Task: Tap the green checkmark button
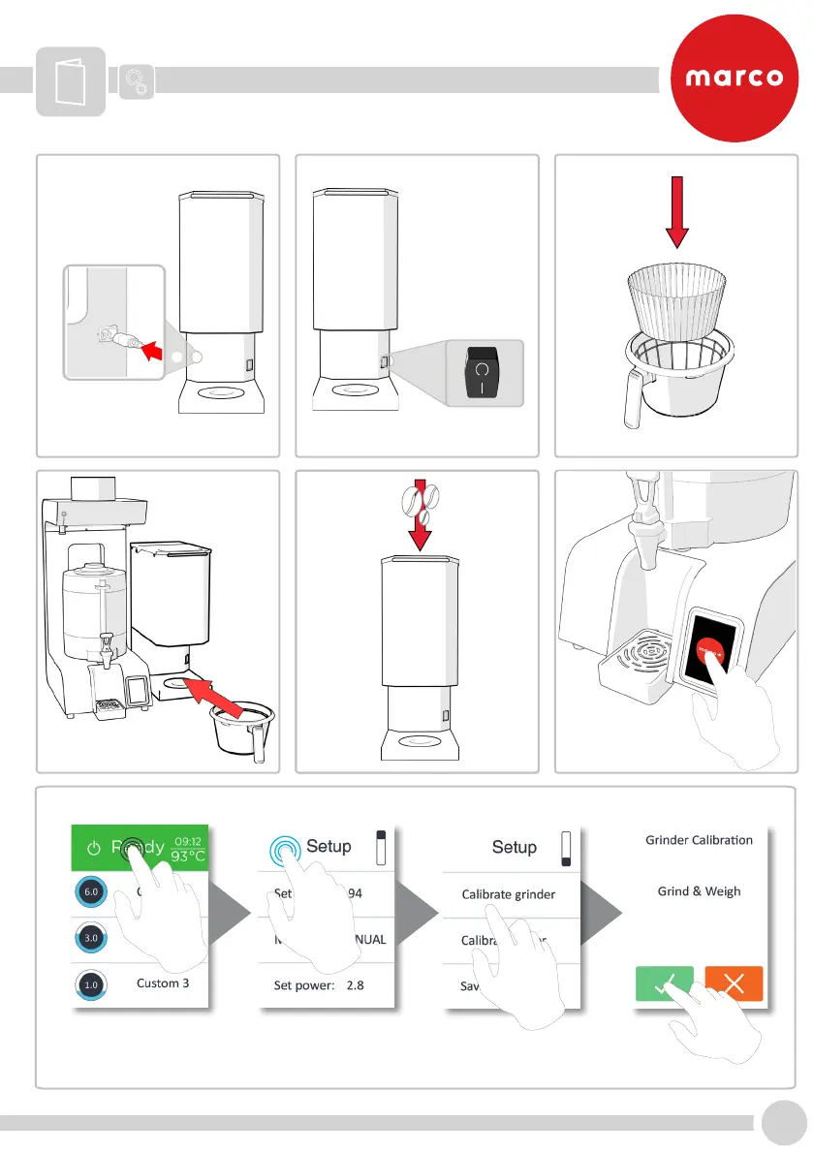tap(665, 983)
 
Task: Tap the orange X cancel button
tap(734, 983)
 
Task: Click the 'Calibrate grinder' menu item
tap(509, 894)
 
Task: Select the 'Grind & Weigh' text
tap(699, 891)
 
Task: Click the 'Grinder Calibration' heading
tap(699, 840)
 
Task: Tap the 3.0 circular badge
tap(90, 939)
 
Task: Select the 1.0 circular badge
tap(90, 985)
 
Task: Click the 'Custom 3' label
tap(157, 983)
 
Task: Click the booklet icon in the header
tap(71, 81)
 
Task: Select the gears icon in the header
tap(138, 81)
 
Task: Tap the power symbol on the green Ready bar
tap(93, 848)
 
